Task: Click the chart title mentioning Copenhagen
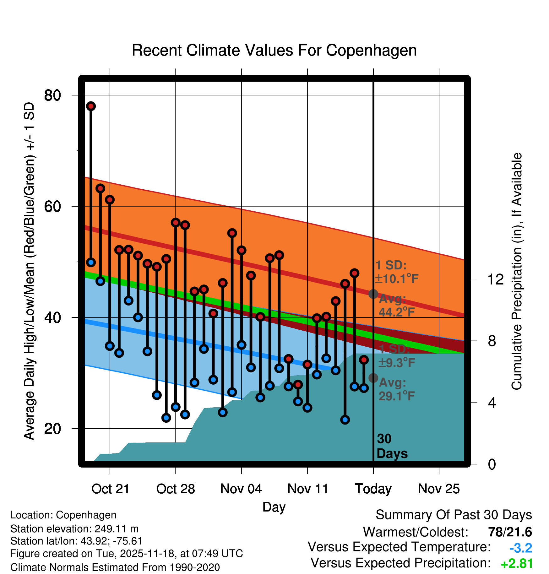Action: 274,50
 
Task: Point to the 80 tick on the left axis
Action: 52,95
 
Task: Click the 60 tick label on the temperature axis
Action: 52,206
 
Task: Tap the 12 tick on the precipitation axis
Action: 495,279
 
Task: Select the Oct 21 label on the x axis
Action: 110,489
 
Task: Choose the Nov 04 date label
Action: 241,489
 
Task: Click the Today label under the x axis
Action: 373,489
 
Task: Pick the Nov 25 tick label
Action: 439,489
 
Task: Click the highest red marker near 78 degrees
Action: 91,106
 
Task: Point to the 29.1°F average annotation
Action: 396,389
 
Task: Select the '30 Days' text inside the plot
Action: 392,446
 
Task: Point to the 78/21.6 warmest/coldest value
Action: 510,532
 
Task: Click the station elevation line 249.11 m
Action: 74,529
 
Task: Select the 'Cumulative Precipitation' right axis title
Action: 517,272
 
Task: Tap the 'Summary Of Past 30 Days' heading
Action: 454,515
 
